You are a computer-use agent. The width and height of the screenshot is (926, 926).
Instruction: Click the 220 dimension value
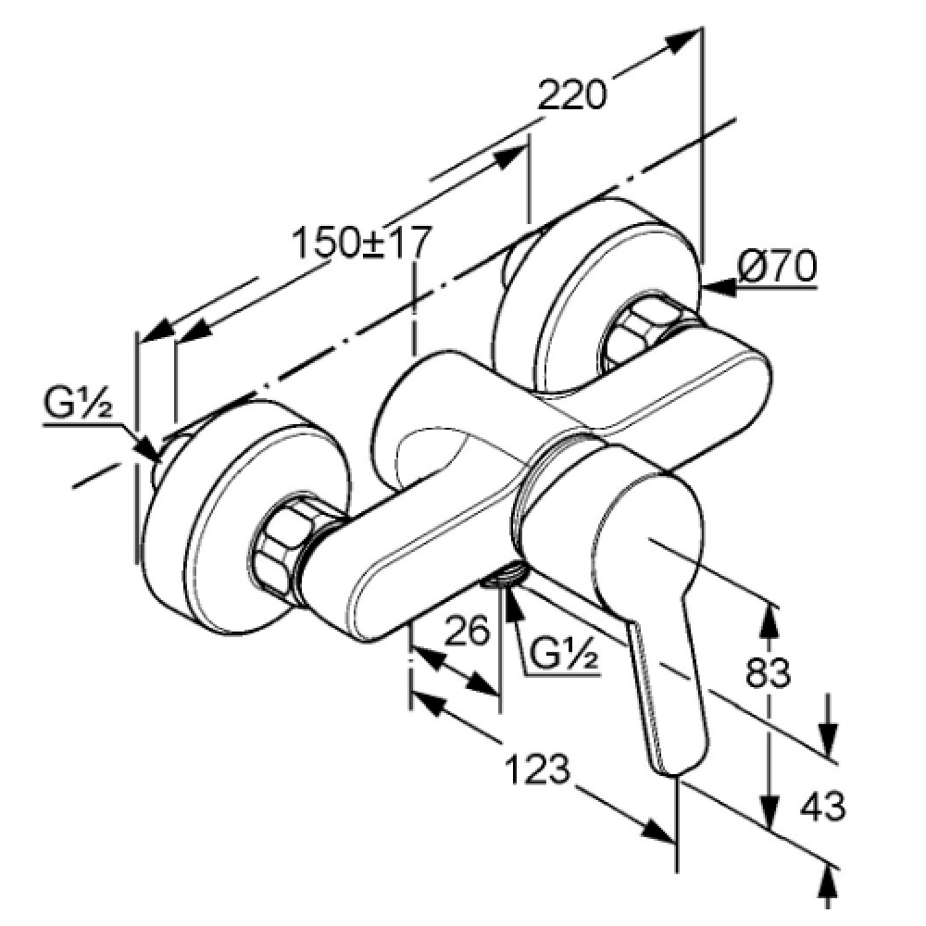[571, 94]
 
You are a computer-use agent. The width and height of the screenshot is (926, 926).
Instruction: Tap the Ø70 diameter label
[777, 267]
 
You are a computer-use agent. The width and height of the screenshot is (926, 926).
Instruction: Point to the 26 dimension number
[467, 630]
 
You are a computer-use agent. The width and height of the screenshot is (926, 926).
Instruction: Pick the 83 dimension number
[769, 672]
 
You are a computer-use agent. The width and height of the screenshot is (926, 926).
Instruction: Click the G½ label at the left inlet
[78, 404]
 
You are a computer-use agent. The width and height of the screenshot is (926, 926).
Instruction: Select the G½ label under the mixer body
[562, 654]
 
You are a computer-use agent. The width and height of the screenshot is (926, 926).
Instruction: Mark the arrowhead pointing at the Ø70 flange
[718, 288]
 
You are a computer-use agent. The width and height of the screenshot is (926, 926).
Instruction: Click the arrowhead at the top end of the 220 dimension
[685, 40]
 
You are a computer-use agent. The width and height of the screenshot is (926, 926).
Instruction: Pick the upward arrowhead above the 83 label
[768, 620]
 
